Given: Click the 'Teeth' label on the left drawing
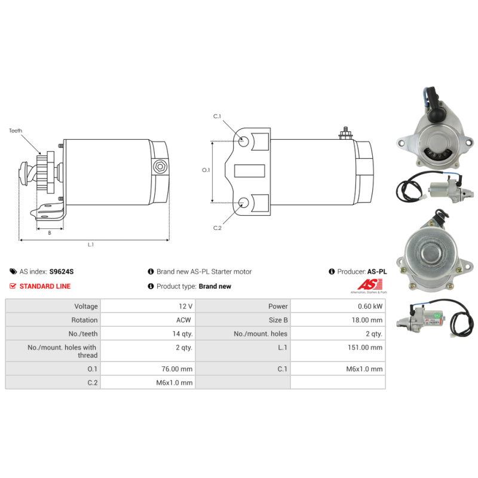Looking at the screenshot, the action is click(16, 131).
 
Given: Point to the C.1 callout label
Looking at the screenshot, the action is click(217, 116).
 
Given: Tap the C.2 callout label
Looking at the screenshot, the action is click(217, 228).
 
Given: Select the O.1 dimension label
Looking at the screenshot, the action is click(206, 170).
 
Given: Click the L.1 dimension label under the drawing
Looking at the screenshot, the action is click(91, 244).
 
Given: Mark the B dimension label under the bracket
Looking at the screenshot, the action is click(50, 233).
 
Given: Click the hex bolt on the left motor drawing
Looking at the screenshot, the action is click(160, 167).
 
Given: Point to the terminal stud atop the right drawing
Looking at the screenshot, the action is click(346, 133).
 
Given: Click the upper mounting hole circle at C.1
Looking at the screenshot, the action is click(244, 141).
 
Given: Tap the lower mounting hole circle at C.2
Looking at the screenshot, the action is click(244, 202).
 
